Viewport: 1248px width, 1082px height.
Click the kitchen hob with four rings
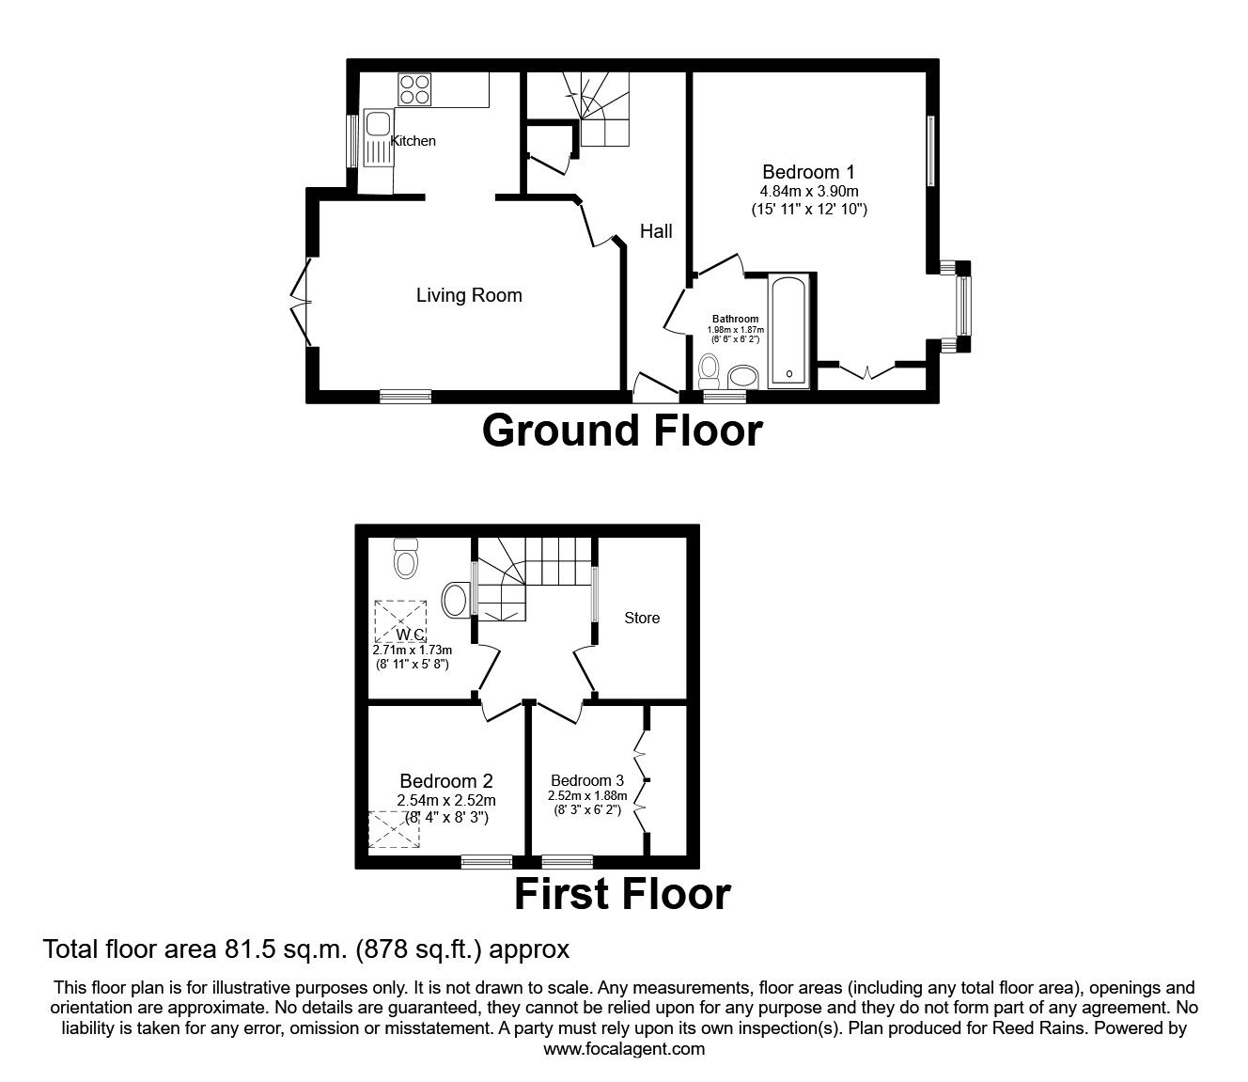pos(414,89)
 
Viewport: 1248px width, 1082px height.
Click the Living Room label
pos(469,295)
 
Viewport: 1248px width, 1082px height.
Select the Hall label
pos(656,230)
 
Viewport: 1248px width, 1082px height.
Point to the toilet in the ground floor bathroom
pos(710,372)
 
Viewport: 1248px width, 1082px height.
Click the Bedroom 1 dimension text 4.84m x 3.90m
pos(809,191)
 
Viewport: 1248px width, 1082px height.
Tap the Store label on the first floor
pos(642,618)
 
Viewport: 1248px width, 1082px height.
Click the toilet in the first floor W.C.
pos(405,558)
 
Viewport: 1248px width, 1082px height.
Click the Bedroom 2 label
pos(446,780)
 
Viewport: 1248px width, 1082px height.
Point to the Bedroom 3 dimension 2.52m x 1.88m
pos(587,795)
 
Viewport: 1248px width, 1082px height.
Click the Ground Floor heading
pos(622,431)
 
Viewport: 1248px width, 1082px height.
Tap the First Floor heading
pos(622,894)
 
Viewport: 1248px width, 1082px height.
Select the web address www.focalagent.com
pos(624,1048)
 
